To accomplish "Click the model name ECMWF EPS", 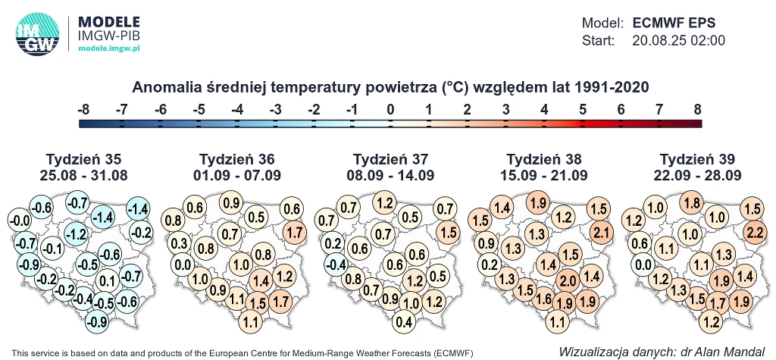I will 672,23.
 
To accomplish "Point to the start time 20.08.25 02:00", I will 678,40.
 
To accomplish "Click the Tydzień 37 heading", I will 390,159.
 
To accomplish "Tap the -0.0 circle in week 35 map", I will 21,221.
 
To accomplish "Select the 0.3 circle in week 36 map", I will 180,243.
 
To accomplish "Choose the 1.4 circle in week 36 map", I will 260,281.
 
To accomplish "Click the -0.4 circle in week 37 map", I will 333,265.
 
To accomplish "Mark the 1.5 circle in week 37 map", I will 447,232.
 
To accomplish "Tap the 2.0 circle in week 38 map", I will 567,281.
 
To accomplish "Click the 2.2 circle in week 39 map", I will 754,232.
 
